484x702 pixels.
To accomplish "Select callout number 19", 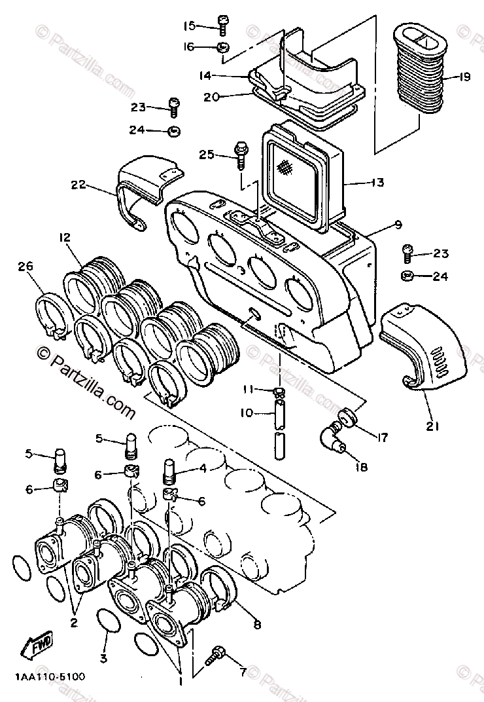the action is [464, 77].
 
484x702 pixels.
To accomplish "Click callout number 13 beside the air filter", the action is [377, 182].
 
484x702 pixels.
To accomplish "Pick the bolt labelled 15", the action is [222, 25].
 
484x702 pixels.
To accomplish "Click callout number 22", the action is [78, 184].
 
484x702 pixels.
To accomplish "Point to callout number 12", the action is [65, 237].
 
